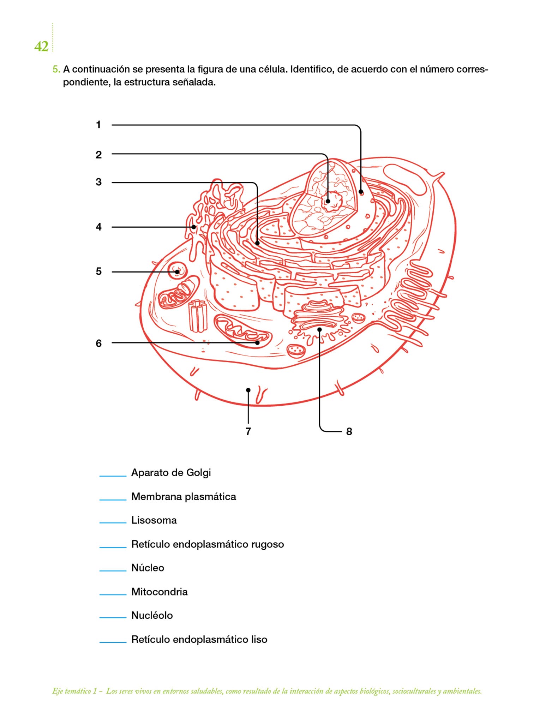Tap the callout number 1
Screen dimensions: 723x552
click(x=98, y=125)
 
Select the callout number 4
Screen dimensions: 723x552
click(x=98, y=227)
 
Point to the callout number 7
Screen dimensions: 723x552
click(x=248, y=431)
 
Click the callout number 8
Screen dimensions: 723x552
click(x=349, y=431)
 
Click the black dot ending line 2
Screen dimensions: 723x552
click(x=328, y=201)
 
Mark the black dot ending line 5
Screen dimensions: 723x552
click(x=177, y=272)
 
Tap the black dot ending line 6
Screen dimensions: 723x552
click(x=257, y=342)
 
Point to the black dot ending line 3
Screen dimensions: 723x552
click(x=257, y=243)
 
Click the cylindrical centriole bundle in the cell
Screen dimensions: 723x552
click(x=198, y=316)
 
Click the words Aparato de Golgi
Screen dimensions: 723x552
click(x=171, y=473)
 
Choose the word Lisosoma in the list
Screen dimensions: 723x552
click(x=154, y=520)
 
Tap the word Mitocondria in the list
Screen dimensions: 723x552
click(x=159, y=592)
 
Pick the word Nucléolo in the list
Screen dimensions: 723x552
click(x=152, y=616)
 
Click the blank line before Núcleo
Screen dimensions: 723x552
click(x=113, y=570)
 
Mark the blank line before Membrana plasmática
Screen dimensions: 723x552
click(x=113, y=499)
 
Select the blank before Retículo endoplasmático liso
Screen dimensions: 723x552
click(x=113, y=642)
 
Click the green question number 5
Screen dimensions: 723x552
click(x=56, y=69)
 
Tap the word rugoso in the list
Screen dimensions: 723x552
click(x=267, y=544)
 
